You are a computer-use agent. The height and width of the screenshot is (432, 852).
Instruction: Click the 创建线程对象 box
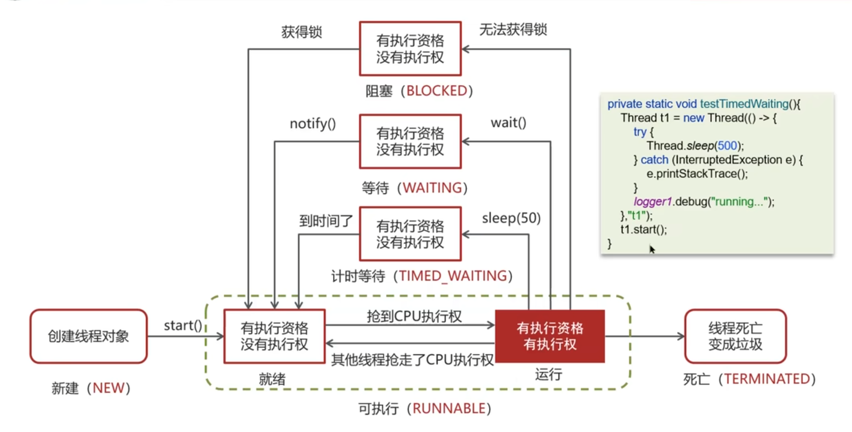pyautogui.click(x=88, y=336)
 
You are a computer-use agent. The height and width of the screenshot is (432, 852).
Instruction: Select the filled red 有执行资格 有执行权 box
pyautogui.click(x=550, y=336)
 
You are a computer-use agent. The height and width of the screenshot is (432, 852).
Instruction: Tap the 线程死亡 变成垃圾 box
pyautogui.click(x=735, y=336)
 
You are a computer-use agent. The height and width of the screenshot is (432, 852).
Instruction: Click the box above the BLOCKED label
pyautogui.click(x=410, y=48)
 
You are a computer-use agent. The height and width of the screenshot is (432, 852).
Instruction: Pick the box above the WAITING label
pyautogui.click(x=410, y=141)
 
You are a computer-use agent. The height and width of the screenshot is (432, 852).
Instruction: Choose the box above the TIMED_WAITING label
pyautogui.click(x=410, y=234)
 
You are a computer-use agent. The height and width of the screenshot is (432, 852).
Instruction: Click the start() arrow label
pyautogui.click(x=183, y=325)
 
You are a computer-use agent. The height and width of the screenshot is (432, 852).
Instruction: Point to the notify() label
pyautogui.click(x=312, y=124)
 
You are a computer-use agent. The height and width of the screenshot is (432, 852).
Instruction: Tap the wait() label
pyautogui.click(x=508, y=123)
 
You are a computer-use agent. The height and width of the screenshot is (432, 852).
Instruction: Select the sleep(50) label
pyautogui.click(x=511, y=218)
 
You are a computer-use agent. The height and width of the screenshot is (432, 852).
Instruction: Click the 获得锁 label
pyautogui.click(x=301, y=32)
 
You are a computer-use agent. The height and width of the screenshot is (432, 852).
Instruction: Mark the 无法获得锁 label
pyautogui.click(x=513, y=30)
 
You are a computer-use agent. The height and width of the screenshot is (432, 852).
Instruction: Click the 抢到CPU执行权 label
pyautogui.click(x=414, y=316)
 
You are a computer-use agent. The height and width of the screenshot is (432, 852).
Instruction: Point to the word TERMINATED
pyautogui.click(x=767, y=379)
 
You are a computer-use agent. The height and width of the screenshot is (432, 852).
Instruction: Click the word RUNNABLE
pyautogui.click(x=449, y=408)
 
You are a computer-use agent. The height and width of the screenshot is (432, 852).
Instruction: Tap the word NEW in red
pyautogui.click(x=108, y=388)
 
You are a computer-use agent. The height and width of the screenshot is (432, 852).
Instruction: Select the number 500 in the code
pyautogui.click(x=727, y=145)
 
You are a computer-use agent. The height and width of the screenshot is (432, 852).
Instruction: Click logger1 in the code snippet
pyautogui.click(x=652, y=202)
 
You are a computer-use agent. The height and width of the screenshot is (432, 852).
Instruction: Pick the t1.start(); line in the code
pyautogui.click(x=644, y=230)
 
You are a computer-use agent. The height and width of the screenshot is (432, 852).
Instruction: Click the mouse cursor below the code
pyautogui.click(x=652, y=249)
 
